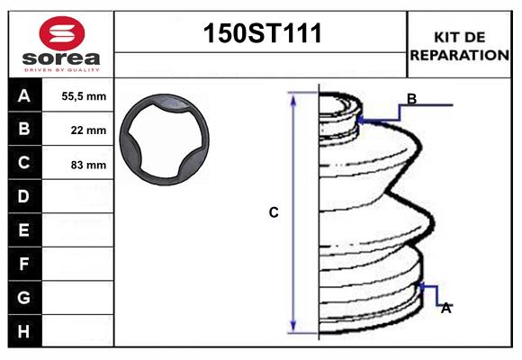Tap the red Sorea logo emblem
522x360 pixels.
(x=60, y=33)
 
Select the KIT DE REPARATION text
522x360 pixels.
(x=460, y=46)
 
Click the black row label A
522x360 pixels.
(x=24, y=95)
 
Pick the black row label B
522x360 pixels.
(x=24, y=129)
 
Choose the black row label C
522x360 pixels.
(x=24, y=163)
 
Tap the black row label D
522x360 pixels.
(x=24, y=196)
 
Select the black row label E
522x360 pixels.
(x=24, y=230)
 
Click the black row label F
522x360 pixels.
(x=24, y=264)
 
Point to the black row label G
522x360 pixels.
(x=24, y=297)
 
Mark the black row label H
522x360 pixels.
(x=24, y=331)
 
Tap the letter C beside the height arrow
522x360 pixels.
(x=274, y=213)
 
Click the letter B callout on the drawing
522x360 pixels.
(x=411, y=99)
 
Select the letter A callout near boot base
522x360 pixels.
(x=445, y=308)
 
